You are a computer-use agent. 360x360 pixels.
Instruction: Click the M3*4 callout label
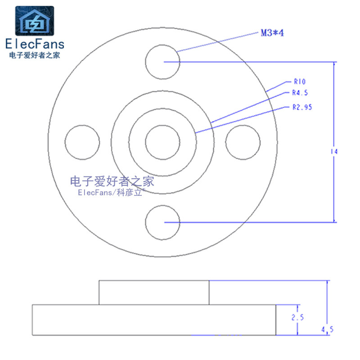click(x=272, y=32)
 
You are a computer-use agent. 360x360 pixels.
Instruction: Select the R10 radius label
click(x=300, y=82)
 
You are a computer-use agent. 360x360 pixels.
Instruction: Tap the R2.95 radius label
click(x=302, y=107)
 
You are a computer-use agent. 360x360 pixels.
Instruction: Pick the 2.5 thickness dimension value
click(x=297, y=317)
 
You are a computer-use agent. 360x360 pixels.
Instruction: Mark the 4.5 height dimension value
click(x=327, y=330)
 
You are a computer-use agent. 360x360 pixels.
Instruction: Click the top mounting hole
click(x=163, y=61)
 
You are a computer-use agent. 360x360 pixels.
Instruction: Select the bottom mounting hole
click(x=163, y=222)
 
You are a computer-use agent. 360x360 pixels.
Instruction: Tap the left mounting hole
click(x=82, y=142)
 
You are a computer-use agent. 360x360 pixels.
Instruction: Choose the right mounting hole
click(x=243, y=142)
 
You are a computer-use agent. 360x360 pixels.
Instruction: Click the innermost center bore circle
click(x=162, y=142)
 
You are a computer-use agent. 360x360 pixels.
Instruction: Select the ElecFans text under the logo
click(x=35, y=44)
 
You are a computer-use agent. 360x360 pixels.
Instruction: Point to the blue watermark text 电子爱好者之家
click(x=112, y=181)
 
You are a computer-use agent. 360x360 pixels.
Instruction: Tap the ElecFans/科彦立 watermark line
click(x=112, y=193)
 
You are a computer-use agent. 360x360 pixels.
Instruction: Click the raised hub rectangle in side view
click(x=154, y=292)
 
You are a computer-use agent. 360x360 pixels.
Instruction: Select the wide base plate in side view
click(x=154, y=320)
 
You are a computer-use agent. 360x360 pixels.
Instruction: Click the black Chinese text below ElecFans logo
click(x=35, y=55)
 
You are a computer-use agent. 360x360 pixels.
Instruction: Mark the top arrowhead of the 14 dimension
click(x=334, y=64)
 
